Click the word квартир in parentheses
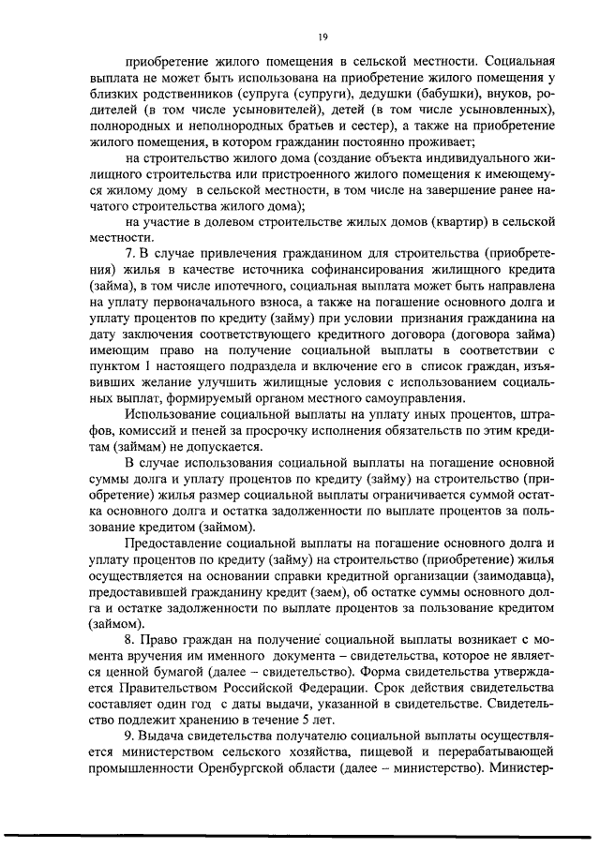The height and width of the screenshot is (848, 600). pyautogui.click(x=462, y=222)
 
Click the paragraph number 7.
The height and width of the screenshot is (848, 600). pyautogui.click(x=130, y=255)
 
